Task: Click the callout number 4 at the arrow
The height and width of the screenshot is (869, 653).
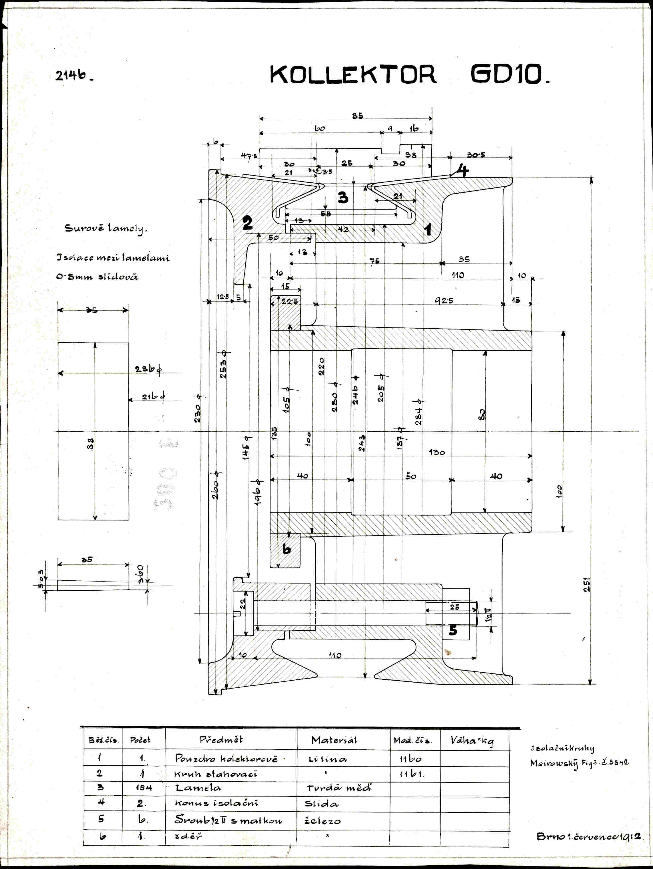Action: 463,170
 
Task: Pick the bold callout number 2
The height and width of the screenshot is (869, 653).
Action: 247,223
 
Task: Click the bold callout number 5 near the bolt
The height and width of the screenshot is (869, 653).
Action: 453,631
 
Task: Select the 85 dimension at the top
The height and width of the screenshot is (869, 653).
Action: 357,116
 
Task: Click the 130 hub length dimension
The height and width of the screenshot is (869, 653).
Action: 436,452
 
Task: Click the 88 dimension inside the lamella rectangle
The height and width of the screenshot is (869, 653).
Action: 91,444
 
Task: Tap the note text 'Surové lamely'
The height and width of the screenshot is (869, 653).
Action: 105,229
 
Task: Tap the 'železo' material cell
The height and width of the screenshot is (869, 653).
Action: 323,821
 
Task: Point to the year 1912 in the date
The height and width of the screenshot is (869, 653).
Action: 631,836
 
